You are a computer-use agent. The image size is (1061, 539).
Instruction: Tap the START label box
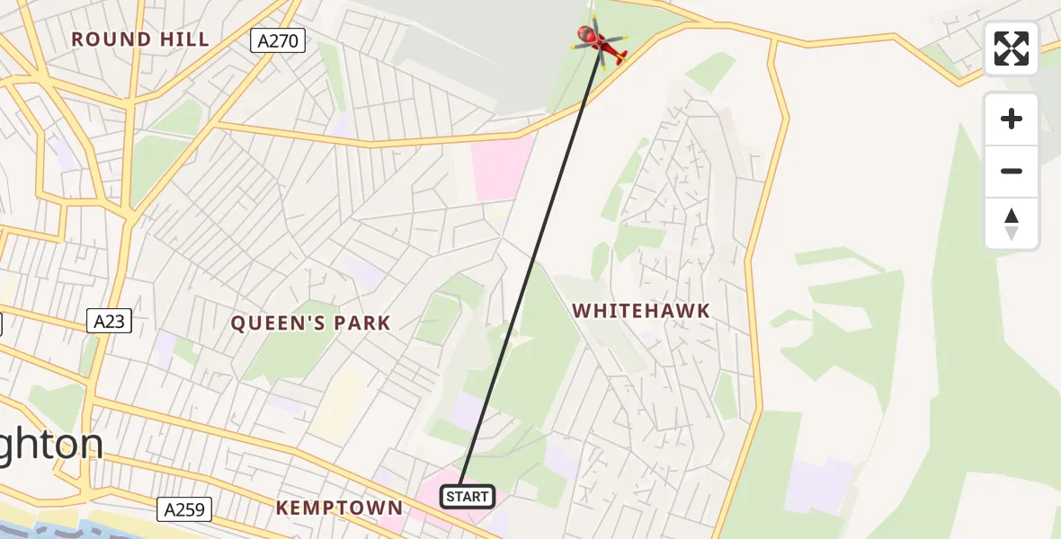pos(467,496)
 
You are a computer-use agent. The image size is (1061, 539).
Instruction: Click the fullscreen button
pos(1012,49)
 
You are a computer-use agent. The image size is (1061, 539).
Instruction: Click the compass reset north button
pos(1012,224)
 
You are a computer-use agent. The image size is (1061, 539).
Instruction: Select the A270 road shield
pos(278,40)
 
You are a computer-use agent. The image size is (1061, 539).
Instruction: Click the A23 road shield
pos(110,321)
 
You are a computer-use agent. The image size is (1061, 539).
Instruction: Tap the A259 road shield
pos(184,509)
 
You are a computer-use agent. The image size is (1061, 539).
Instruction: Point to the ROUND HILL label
pos(140,40)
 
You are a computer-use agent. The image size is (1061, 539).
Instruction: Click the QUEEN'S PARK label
pos(310,323)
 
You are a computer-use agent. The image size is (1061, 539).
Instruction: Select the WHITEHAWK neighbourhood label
pos(641,311)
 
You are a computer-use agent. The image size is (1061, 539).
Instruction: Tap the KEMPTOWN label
pos(339,508)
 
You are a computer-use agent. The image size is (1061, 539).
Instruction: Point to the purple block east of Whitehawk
pos(818,486)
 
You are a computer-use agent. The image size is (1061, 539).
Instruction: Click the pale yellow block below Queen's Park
pos(336,405)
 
